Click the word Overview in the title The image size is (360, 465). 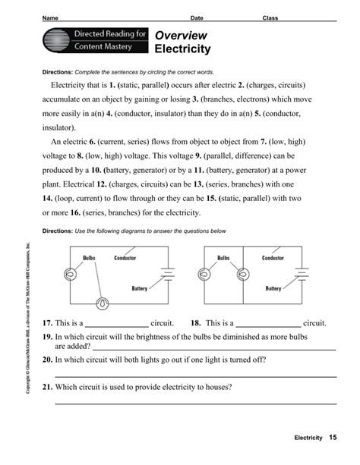(181, 36)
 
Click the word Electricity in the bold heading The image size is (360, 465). (184, 50)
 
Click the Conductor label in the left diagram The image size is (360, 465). (125, 258)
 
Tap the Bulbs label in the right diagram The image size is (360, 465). (223, 258)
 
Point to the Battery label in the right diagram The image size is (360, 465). (273, 289)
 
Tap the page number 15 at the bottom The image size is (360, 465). (333, 439)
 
